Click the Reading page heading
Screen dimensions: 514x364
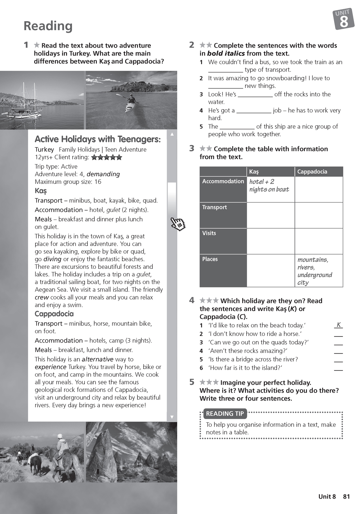(48, 26)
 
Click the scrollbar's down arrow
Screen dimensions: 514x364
(172, 417)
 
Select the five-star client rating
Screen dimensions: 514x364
(107, 157)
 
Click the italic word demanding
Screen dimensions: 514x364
(103, 174)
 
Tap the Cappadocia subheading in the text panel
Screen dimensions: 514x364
(54, 314)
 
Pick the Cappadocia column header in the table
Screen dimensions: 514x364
(312, 172)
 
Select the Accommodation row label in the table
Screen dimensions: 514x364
(223, 181)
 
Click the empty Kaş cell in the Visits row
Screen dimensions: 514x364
(270, 241)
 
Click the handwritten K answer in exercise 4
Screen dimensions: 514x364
(339, 325)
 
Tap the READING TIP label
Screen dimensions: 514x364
(225, 414)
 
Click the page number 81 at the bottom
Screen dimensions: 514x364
(346, 496)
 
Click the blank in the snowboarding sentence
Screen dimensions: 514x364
(225, 86)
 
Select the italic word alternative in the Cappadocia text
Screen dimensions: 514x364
(98, 359)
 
